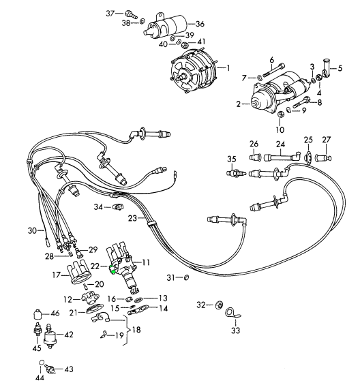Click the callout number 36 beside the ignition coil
pyautogui.click(x=200, y=24)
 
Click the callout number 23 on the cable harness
pyautogui.click(x=132, y=218)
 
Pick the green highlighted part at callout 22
pyautogui.click(x=112, y=269)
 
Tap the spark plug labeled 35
pyautogui.click(x=236, y=173)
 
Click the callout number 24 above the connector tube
pyautogui.click(x=280, y=144)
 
